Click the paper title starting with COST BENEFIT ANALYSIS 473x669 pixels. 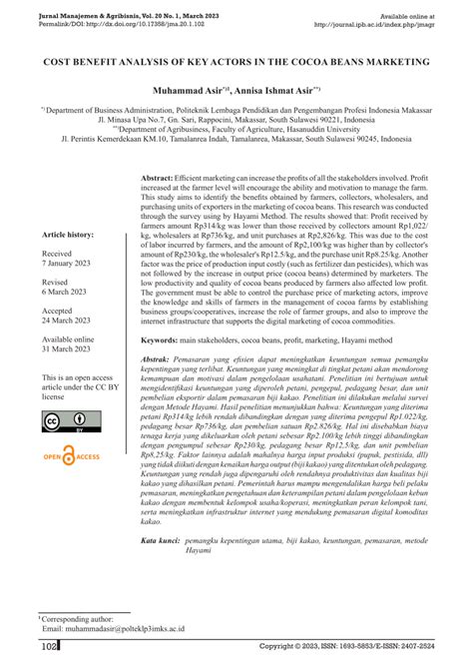(236, 61)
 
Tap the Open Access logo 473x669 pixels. (74, 458)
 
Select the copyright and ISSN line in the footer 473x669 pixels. (352, 648)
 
